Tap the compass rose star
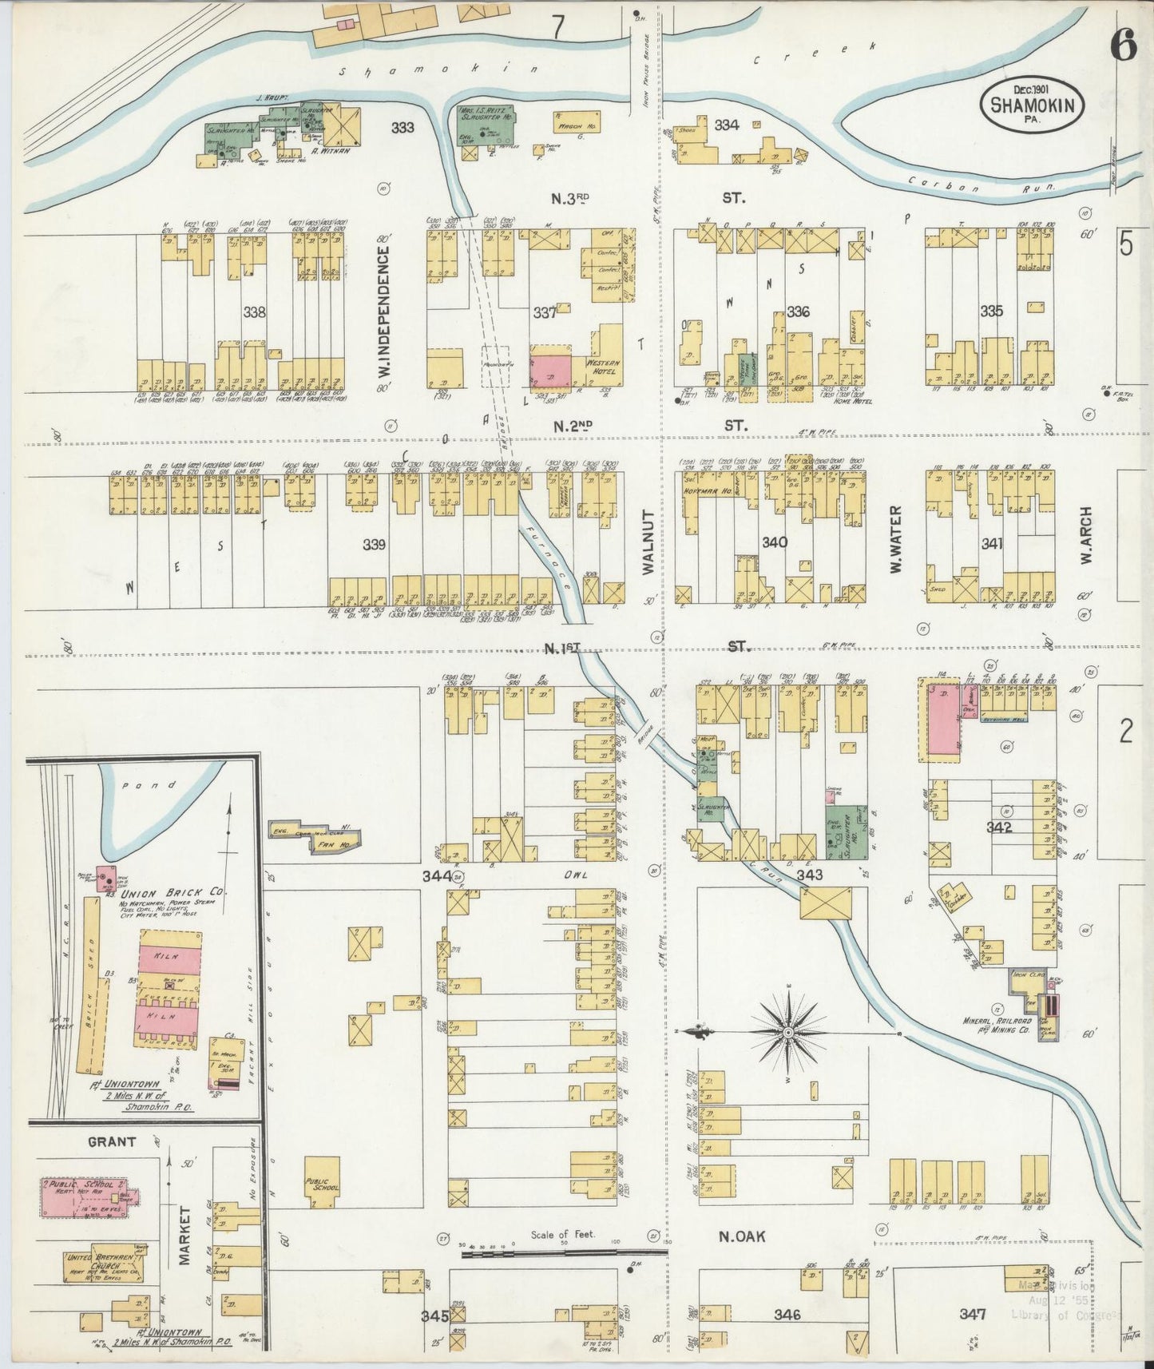coord(788,1033)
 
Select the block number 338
coord(255,312)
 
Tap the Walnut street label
coord(648,543)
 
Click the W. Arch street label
coord(1086,536)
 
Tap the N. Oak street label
coord(742,1236)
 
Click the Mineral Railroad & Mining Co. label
coord(997,1026)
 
